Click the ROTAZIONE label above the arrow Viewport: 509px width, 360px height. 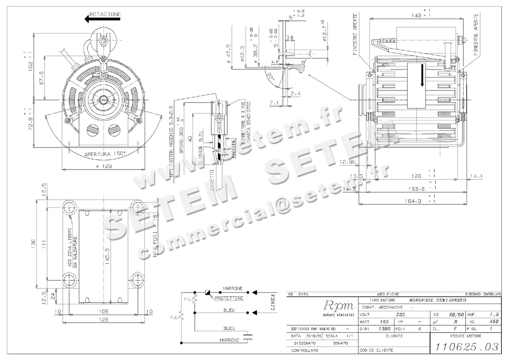click(x=105, y=14)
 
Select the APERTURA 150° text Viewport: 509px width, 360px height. click(x=105, y=154)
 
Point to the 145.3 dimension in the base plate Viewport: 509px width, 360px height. click(x=108, y=256)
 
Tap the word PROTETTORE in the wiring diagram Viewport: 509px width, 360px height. click(x=229, y=298)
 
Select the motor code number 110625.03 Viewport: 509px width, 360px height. click(x=465, y=347)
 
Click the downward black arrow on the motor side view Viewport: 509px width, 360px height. click(x=422, y=75)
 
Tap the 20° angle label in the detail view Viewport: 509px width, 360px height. click(x=269, y=78)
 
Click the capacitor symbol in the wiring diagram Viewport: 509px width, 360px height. click(x=248, y=337)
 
